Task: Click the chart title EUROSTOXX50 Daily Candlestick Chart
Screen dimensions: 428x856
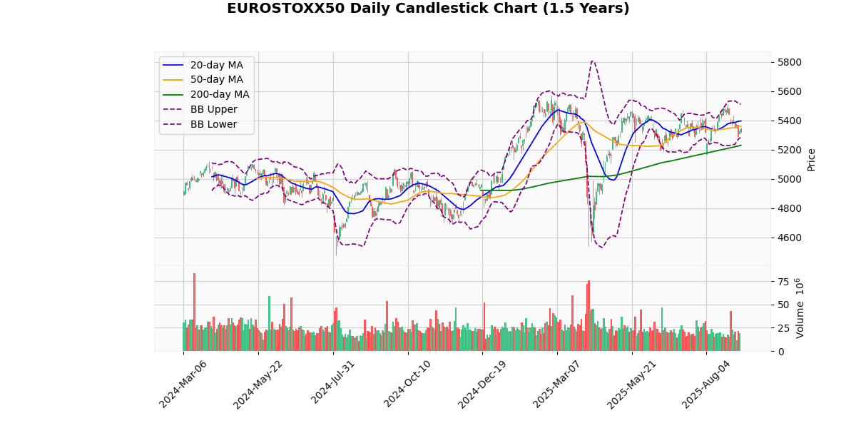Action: point(428,9)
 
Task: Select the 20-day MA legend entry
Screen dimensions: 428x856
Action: point(216,65)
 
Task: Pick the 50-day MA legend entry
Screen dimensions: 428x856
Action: point(216,80)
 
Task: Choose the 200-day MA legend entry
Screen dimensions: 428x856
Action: point(219,94)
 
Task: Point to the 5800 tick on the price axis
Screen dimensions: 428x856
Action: point(790,62)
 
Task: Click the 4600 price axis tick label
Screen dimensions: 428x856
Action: point(790,238)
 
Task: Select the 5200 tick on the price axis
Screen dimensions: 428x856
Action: point(790,150)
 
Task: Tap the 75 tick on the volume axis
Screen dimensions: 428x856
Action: point(784,282)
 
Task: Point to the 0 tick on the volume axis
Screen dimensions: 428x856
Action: point(781,352)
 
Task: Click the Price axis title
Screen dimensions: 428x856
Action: point(811,160)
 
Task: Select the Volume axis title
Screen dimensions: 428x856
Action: point(801,308)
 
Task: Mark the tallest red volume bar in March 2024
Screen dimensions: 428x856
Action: point(194,312)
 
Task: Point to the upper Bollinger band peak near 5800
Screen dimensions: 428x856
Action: point(593,61)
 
